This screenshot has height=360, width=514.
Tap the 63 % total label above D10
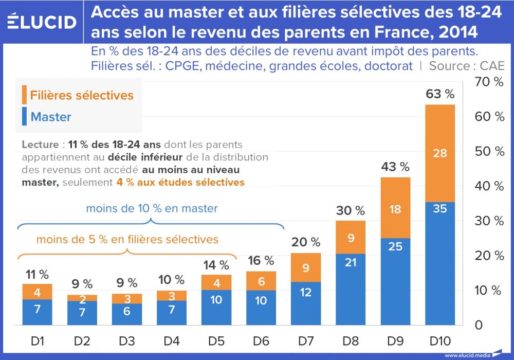440,94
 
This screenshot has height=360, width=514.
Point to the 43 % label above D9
395,167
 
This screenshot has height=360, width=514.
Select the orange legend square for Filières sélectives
24,95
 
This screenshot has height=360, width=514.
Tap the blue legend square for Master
24,116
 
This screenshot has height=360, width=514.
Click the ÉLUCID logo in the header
43,22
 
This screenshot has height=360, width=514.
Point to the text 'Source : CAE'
467,66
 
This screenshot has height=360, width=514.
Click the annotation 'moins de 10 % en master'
152,209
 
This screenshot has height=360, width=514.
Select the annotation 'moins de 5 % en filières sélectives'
127,239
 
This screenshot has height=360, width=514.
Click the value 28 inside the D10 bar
440,153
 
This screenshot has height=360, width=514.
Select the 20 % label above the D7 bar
306,242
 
